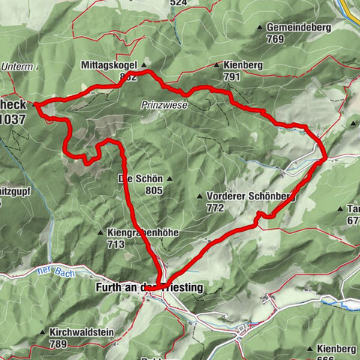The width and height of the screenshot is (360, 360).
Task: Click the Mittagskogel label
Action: pos(109,66)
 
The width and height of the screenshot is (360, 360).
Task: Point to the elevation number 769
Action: pos(274,39)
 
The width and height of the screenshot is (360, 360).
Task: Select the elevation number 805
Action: pos(154,190)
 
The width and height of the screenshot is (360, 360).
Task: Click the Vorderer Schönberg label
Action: pos(247,196)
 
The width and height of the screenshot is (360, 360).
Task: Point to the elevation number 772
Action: pos(214,207)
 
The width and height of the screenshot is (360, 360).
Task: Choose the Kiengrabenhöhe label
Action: pos(143,233)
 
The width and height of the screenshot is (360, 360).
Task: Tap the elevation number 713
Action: pos(115,244)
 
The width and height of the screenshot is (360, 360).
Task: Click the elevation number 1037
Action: pos(13,118)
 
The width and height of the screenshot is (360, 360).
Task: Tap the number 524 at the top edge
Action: pos(178,3)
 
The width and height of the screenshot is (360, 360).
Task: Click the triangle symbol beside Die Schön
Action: pos(170,179)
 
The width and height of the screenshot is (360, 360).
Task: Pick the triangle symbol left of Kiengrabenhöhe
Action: pos(100,233)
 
